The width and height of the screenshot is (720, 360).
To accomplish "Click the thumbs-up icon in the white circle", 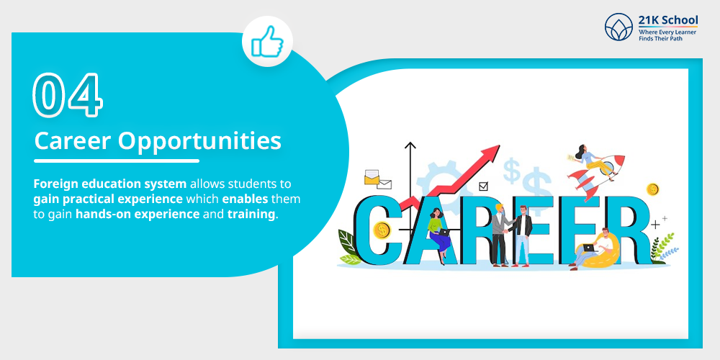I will (x=267, y=42).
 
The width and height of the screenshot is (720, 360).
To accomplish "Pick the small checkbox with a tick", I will (x=483, y=186).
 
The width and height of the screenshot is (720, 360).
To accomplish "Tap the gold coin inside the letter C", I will (x=383, y=230).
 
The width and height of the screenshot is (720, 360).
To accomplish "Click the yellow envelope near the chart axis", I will (x=372, y=176).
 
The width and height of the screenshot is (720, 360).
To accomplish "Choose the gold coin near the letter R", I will (x=652, y=189).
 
